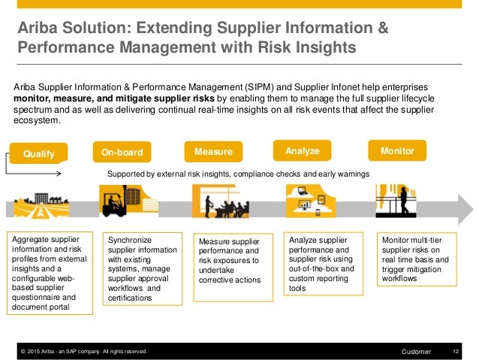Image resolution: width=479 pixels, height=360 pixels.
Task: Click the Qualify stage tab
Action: [x=39, y=153]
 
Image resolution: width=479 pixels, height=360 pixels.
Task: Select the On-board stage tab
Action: [x=122, y=153]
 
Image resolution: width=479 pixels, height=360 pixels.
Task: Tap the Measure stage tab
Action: [x=213, y=153]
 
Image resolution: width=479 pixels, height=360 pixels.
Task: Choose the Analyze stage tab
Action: [x=303, y=151]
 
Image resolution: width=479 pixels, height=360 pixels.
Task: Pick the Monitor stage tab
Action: [x=397, y=150]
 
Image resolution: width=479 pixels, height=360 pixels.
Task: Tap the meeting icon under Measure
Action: [x=214, y=201]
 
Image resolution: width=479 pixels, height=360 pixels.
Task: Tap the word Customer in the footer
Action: [x=417, y=351]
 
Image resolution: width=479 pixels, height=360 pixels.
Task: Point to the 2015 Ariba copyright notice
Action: [x=83, y=351]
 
